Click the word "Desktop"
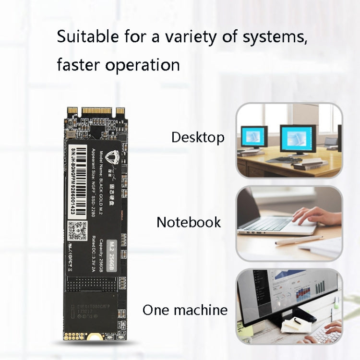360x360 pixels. [x=198, y=138]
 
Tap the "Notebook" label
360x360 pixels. [x=189, y=222]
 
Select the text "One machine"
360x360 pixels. [x=185, y=310]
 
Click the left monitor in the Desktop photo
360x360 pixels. [x=253, y=136]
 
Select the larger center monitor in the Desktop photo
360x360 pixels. [x=297, y=139]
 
